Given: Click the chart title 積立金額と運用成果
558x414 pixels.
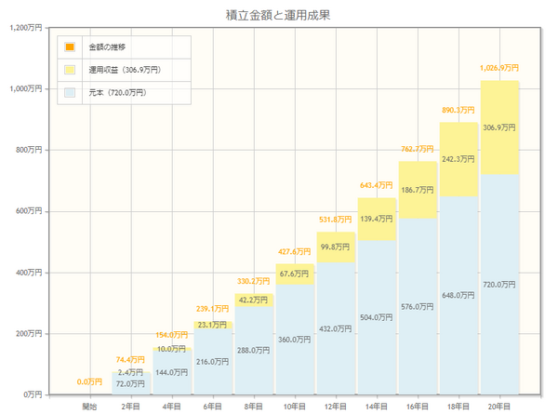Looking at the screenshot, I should coord(278,15).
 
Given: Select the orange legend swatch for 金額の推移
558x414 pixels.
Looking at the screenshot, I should coord(70,47).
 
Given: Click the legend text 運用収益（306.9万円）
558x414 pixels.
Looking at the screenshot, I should coord(125,70).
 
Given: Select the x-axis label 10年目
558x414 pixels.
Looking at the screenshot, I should coord(295,406).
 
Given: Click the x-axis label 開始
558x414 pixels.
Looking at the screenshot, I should coord(89,406).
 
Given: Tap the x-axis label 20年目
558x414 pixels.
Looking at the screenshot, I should coord(499,406).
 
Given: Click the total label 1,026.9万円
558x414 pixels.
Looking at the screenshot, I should coord(499,68).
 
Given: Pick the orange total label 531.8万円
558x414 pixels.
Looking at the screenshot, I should coord(336,220).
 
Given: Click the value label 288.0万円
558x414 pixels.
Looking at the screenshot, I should coord(254,351).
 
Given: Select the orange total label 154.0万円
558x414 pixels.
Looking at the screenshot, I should coord(172,334).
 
